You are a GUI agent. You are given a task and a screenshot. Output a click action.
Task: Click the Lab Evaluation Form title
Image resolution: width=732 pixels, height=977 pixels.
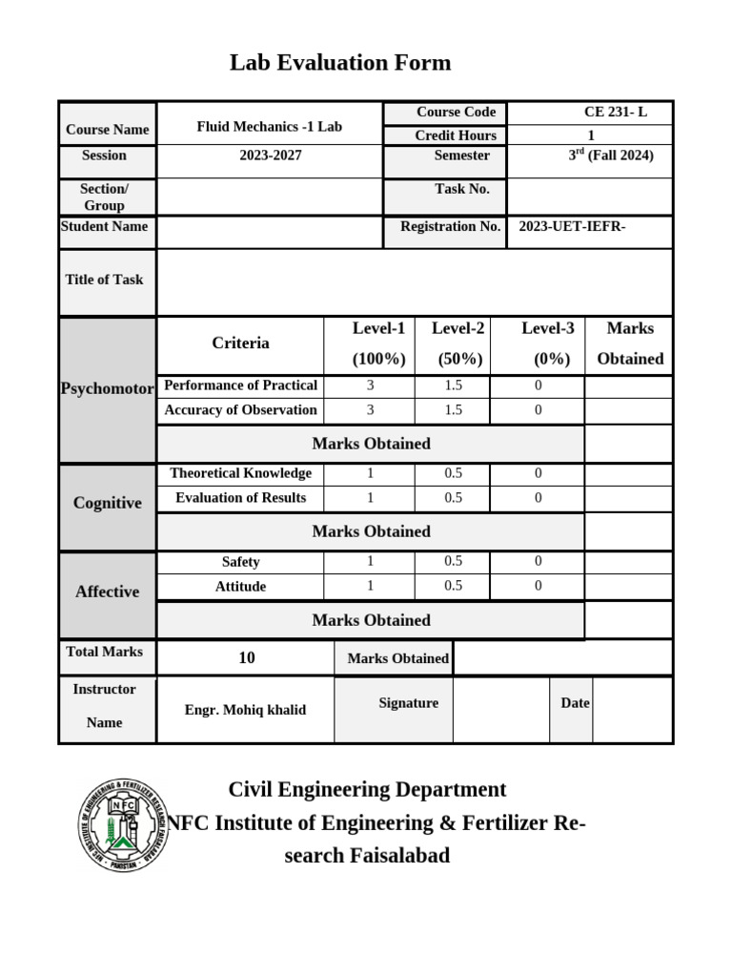340,63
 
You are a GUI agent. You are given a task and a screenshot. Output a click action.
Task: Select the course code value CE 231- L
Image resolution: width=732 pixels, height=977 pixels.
615,113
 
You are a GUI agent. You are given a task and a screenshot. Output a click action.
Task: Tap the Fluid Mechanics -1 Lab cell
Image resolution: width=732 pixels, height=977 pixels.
269,126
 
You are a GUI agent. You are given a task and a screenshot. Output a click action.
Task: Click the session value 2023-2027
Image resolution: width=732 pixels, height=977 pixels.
270,156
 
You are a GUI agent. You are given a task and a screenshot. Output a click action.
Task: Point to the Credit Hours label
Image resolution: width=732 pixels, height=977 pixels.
455,136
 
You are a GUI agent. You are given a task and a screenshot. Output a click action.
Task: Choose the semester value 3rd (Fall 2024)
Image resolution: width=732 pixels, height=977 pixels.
610,156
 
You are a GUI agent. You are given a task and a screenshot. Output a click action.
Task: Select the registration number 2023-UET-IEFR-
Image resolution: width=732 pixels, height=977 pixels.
572,227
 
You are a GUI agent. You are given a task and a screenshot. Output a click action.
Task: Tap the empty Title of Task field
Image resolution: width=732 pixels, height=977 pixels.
414,282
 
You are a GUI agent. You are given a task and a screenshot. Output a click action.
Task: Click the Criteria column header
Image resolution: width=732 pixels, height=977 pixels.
240,343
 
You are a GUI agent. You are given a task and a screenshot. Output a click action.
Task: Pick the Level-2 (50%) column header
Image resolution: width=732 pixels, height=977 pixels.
457,343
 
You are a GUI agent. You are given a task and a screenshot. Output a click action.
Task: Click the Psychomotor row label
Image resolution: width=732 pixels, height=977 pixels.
107,389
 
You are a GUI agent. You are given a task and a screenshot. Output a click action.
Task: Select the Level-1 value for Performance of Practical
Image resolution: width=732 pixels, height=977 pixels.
370,385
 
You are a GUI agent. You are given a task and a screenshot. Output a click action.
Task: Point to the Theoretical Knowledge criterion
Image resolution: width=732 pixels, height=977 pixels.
240,473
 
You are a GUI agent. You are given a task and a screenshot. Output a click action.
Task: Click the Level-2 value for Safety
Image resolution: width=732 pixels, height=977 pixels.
453,562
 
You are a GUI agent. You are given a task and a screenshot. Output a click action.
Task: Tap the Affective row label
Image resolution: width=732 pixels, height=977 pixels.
107,592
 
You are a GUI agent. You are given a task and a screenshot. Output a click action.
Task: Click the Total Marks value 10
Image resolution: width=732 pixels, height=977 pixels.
246,658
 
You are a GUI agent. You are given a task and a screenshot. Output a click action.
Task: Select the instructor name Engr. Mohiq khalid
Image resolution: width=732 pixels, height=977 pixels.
245,711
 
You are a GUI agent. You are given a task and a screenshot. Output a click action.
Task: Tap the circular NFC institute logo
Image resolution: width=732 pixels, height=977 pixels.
121,823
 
